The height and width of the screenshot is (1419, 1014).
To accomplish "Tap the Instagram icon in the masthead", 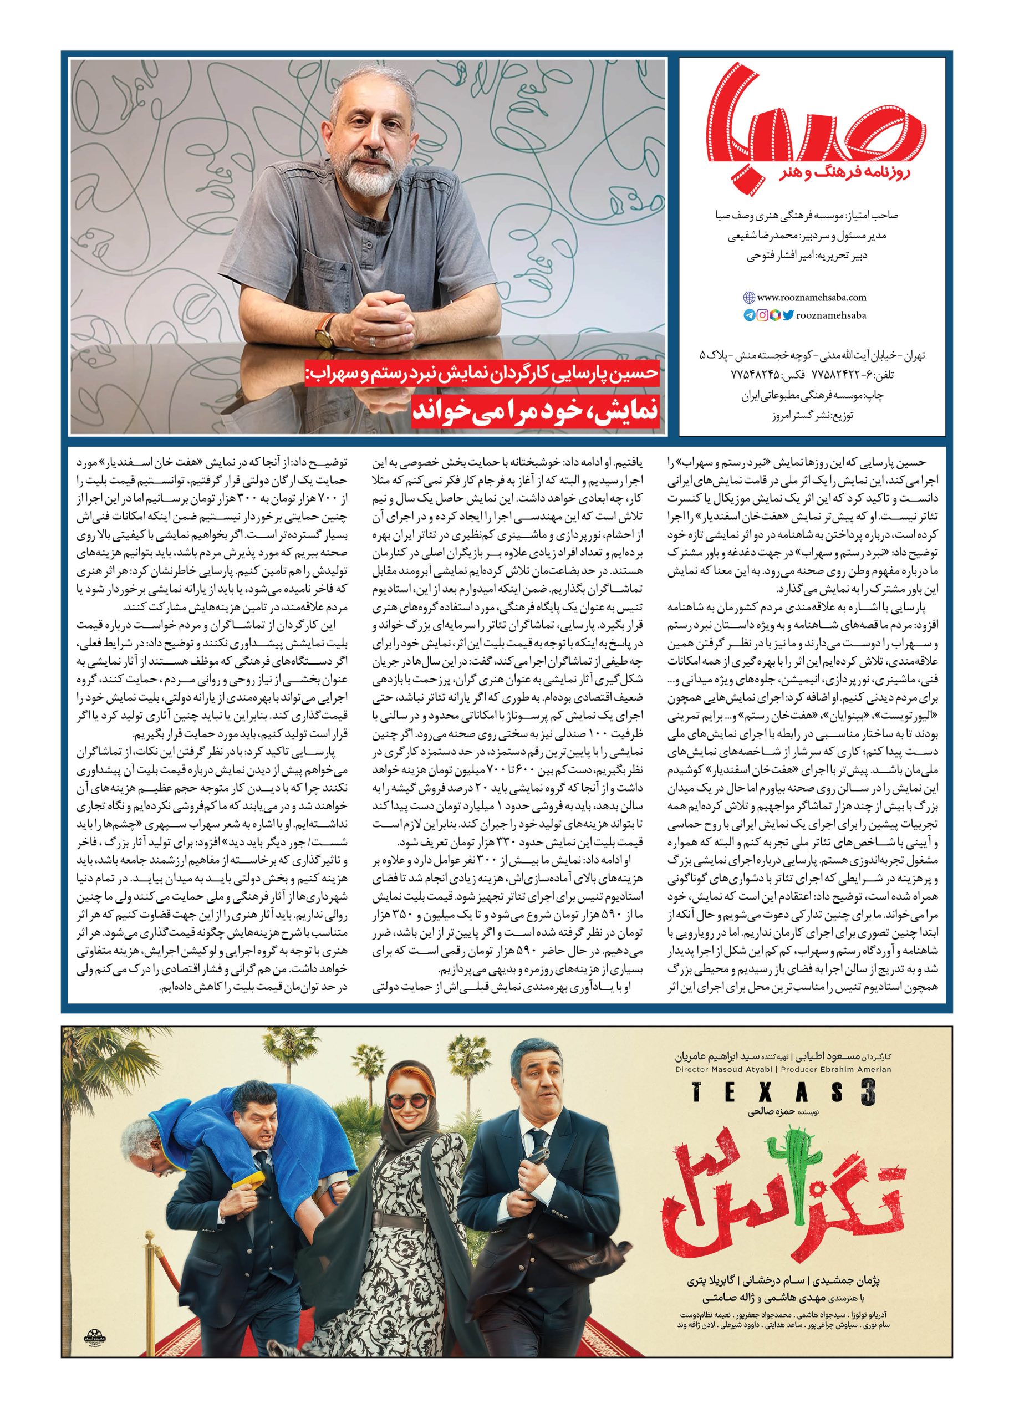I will (762, 315).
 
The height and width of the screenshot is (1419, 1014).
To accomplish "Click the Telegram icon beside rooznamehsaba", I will (748, 315).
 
